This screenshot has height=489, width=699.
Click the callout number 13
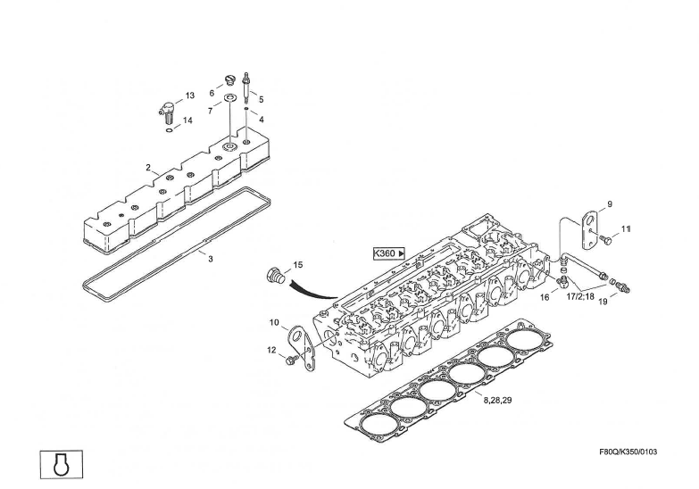189,95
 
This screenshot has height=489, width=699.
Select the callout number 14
187,120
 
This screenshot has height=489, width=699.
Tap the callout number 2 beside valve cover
149,167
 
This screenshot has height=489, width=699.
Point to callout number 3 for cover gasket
211,259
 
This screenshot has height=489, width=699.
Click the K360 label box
389,253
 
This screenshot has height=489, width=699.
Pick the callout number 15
298,265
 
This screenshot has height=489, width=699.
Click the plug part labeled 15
275,277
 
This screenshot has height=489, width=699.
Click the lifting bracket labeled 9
587,227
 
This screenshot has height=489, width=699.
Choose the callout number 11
626,229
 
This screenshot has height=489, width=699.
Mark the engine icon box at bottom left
60,463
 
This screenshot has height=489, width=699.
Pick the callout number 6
212,93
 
